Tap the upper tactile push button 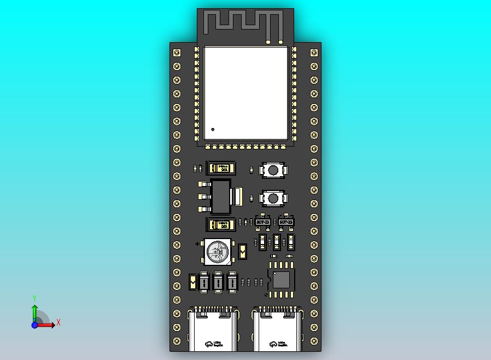click(x=272, y=170)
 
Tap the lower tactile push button click(x=272, y=198)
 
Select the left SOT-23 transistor click(x=263, y=222)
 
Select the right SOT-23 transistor click(x=285, y=222)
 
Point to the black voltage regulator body click(x=221, y=197)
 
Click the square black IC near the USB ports click(x=281, y=280)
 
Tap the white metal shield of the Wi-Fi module click(x=245, y=93)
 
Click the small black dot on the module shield click(x=213, y=130)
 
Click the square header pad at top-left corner click(x=177, y=53)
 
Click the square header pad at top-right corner click(x=314, y=53)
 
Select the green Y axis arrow click(x=34, y=310)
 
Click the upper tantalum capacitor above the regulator click(x=221, y=168)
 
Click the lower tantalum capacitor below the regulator click(x=221, y=224)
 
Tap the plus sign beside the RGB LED click(x=197, y=244)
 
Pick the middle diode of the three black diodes click(x=218, y=282)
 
